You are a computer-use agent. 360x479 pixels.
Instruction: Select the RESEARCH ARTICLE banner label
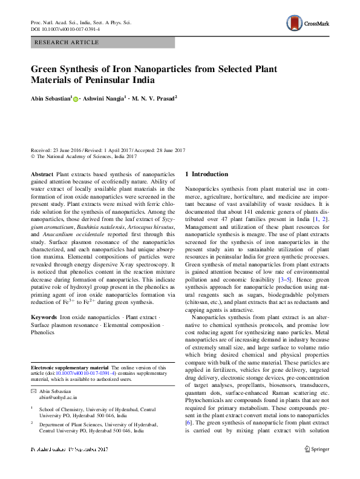(x=61, y=43)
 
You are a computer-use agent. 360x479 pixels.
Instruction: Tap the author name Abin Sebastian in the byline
(x=50, y=97)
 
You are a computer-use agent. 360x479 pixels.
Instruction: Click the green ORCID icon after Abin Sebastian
(x=76, y=98)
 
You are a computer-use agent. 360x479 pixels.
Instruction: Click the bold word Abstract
(x=42, y=174)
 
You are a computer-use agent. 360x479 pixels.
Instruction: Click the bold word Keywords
(x=45, y=317)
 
